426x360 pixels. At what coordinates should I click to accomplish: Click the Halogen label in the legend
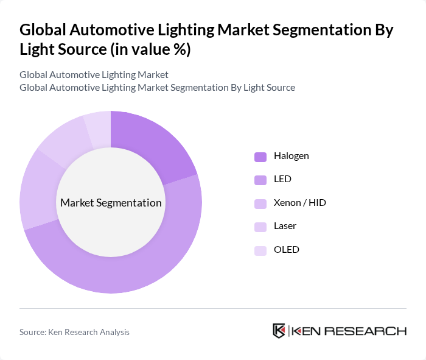pos(291,156)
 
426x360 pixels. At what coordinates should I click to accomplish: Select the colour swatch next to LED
pos(260,180)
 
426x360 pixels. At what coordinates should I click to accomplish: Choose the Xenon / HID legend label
pos(299,203)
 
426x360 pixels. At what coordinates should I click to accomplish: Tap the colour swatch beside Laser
pos(260,227)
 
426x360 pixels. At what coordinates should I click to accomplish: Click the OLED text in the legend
pos(286,250)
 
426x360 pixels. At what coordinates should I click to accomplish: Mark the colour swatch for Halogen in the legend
pos(260,157)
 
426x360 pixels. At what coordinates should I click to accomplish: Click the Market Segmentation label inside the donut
pos(111,203)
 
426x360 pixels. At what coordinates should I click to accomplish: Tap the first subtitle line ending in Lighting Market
pos(94,74)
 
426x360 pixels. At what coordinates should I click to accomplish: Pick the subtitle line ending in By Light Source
pos(157,87)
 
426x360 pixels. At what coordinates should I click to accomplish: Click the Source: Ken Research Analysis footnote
pos(74,332)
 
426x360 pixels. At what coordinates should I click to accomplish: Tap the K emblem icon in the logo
pos(279,331)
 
